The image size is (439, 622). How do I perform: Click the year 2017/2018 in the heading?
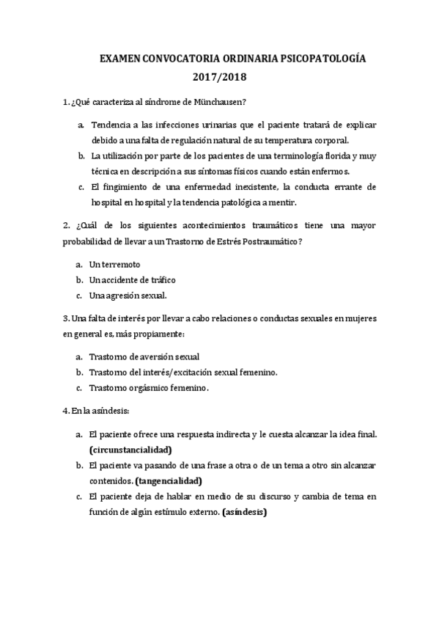tap(220, 76)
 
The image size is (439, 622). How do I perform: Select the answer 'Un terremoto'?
tap(114, 264)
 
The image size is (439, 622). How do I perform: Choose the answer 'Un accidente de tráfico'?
tap(132, 280)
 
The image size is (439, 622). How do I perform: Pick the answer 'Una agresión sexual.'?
tap(128, 296)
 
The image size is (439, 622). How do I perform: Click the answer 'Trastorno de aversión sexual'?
tap(144, 356)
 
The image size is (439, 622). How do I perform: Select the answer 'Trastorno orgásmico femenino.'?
tap(149, 388)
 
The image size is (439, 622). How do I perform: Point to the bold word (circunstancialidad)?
tap(130, 449)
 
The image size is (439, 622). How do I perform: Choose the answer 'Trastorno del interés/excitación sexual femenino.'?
tap(183, 373)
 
